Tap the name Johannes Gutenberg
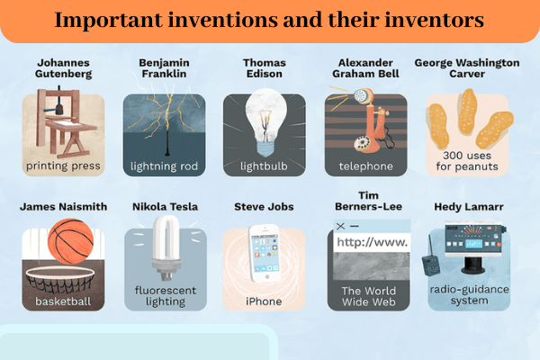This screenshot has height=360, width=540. coord(63,70)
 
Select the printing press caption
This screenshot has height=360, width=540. coord(63,166)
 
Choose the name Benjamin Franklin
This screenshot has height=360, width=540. coord(165,70)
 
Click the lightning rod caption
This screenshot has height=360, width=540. coord(165,166)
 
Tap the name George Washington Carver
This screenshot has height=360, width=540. coord(468,70)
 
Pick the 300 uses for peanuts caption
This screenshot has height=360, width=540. coord(468,159)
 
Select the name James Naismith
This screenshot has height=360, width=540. coord(63,207)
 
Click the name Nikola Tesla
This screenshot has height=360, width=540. coord(165,207)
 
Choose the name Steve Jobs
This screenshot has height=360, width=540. coord(265,207)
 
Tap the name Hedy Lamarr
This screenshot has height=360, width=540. coord(468,207)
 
